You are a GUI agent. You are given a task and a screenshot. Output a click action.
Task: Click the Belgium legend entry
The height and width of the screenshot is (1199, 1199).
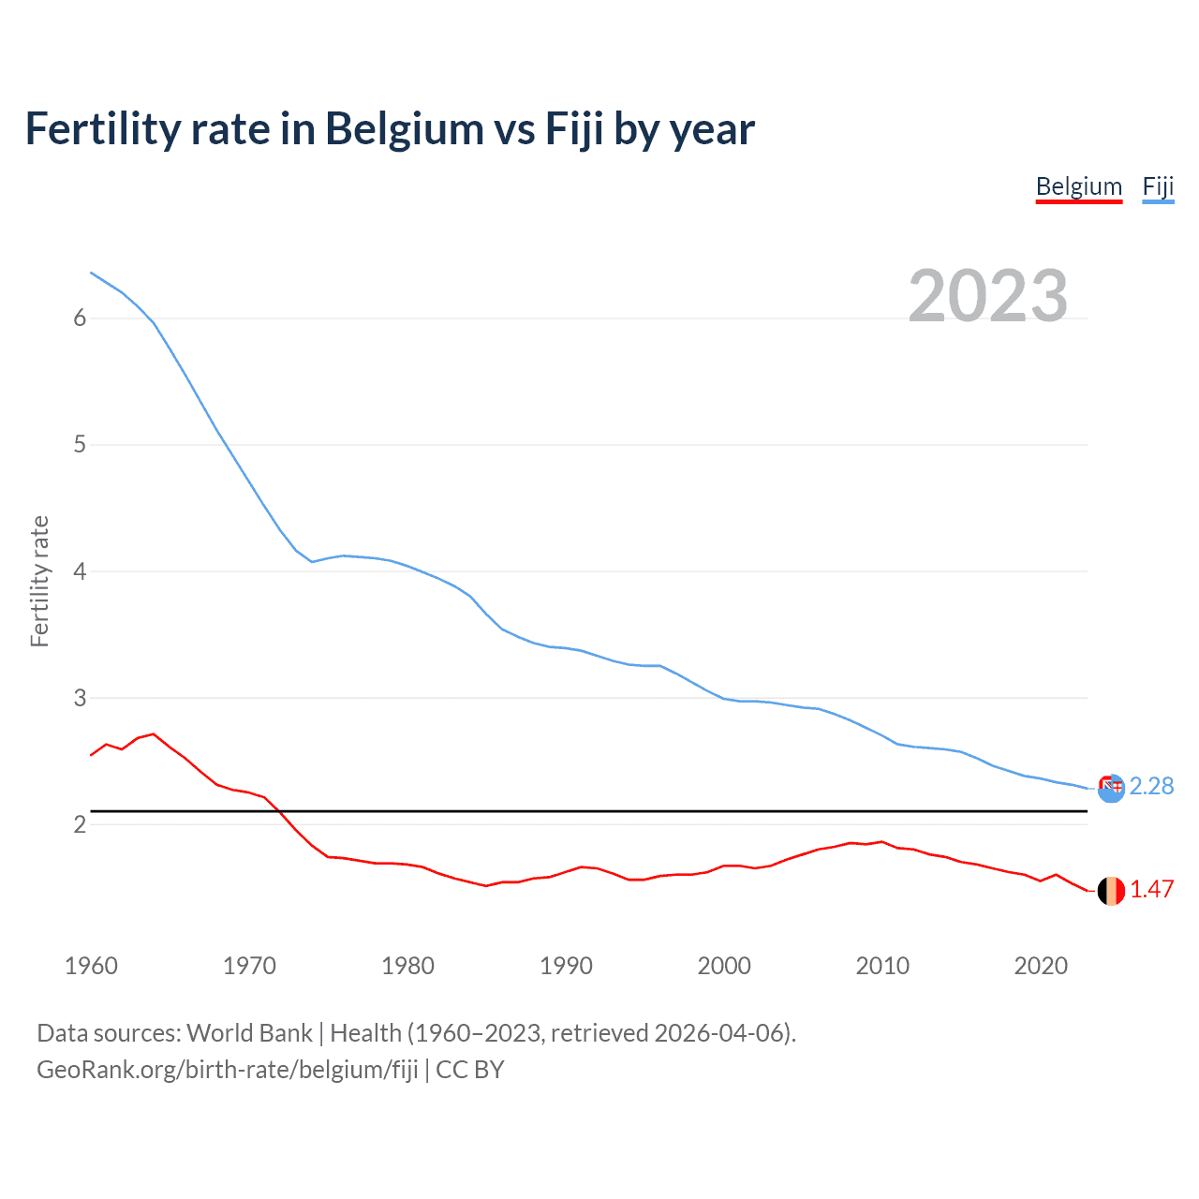1078,186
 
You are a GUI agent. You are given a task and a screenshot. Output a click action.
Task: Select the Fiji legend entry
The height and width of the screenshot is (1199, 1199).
1158,186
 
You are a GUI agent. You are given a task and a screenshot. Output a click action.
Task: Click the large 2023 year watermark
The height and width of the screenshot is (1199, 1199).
987,296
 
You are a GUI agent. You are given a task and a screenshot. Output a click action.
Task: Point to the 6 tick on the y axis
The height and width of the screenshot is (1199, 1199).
80,318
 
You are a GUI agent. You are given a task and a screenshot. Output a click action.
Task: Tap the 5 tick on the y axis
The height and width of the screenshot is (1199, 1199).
80,445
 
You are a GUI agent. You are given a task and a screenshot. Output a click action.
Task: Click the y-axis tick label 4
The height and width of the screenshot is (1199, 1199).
80,571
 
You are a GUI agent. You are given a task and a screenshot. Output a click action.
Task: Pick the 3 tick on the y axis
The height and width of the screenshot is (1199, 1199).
80,698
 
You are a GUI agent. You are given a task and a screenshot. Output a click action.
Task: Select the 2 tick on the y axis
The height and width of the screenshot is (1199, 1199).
80,824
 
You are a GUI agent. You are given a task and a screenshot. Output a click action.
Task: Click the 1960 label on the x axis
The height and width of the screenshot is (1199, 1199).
91,966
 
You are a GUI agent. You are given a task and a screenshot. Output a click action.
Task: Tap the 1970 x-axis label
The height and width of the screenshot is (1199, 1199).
249,966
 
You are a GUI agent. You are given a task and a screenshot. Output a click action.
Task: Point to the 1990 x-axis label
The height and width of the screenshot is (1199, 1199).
566,966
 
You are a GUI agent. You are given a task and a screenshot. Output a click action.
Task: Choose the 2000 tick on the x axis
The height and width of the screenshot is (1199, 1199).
724,966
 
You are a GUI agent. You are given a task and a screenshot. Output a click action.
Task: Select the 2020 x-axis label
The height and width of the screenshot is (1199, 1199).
1041,966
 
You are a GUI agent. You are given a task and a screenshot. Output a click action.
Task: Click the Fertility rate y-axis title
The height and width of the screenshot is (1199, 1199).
39,581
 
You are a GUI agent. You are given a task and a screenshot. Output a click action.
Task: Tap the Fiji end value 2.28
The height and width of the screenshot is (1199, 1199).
1151,786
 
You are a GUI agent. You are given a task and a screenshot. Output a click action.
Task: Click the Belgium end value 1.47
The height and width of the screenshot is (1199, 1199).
1151,889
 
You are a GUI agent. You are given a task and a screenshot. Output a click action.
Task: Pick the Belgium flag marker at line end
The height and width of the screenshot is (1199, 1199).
1111,891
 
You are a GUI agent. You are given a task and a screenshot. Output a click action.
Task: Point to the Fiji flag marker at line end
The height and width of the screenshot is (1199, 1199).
1111,789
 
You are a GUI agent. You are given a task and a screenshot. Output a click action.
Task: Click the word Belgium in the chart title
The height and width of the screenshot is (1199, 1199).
405,129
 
